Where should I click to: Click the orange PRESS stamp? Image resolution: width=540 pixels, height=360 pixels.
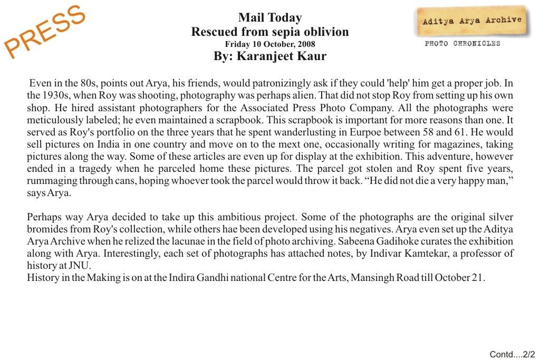[x=45, y=31]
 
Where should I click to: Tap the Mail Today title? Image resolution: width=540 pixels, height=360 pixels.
[x=270, y=18]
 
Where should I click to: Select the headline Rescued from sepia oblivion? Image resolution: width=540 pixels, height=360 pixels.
[x=270, y=32]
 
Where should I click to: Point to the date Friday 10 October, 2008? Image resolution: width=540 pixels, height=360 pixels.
[x=270, y=44]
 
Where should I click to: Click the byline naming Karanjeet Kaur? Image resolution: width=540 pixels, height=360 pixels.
[x=270, y=56]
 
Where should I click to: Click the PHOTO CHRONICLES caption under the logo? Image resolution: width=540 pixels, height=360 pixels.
[x=462, y=44]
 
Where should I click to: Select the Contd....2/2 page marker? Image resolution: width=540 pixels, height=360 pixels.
[x=512, y=354]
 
